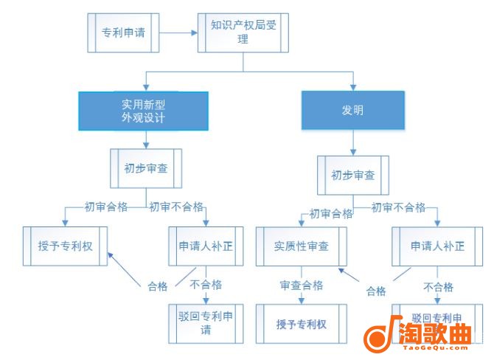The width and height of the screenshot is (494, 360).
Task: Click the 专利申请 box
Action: tap(122, 32)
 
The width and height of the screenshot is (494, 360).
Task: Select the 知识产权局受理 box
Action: tap(243, 32)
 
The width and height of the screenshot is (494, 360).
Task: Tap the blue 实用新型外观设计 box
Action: tap(143, 111)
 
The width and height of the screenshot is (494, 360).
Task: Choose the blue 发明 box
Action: tap(352, 111)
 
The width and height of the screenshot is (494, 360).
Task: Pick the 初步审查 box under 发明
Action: tap(352, 176)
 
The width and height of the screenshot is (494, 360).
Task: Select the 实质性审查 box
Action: tap(302, 246)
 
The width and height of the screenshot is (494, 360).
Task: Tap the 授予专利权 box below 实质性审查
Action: tap(301, 324)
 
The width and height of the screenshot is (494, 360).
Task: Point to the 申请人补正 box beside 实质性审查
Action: tap(437, 246)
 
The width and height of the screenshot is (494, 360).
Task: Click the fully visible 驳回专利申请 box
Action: tap(206, 323)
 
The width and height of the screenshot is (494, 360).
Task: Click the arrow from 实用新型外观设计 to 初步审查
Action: tap(145, 139)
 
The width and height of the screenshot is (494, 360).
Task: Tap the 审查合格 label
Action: tap(301, 285)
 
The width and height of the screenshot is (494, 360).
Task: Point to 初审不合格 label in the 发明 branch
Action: tap(398, 208)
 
